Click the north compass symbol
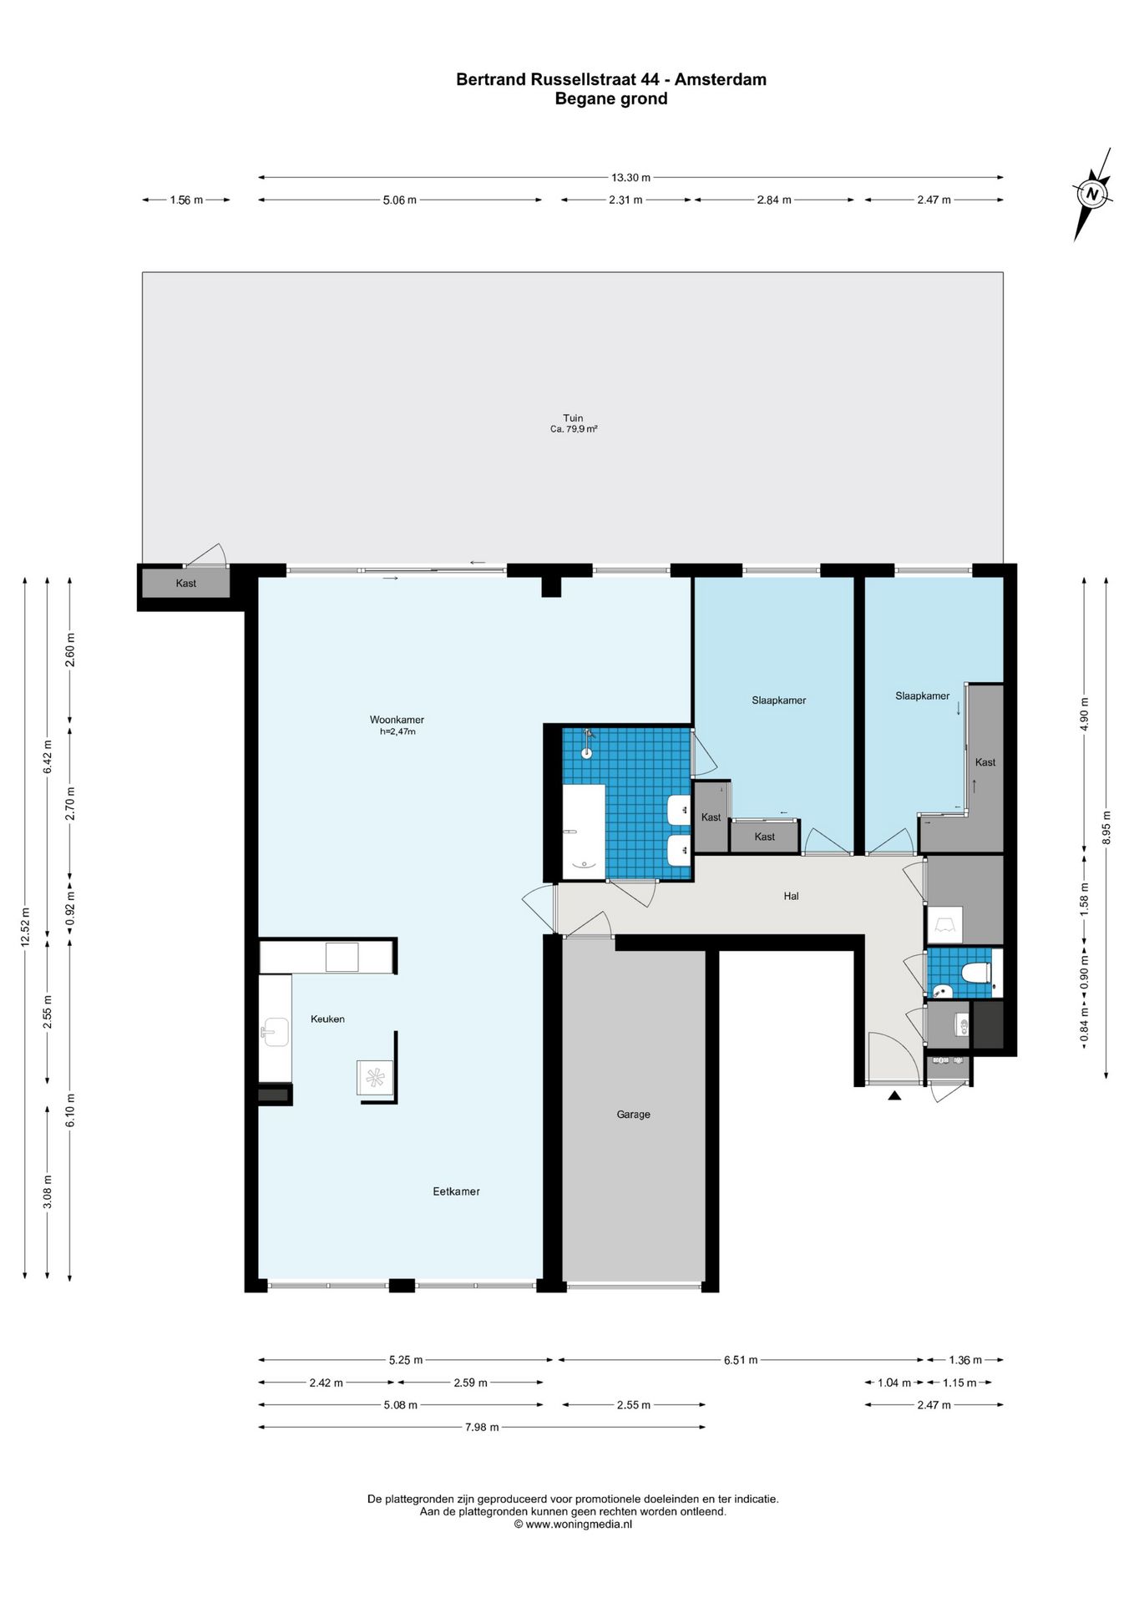coord(1092,194)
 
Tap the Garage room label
coord(633,1114)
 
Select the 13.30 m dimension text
coord(630,177)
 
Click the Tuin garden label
coord(573,417)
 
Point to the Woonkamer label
coord(397,719)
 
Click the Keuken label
coord(327,1019)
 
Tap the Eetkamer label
coord(456,1191)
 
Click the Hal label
coord(791,896)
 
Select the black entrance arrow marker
coord(894,1095)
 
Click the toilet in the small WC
coord(975,973)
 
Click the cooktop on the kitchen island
coord(375,1078)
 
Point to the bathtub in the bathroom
coord(584,832)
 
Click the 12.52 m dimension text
coord(25,927)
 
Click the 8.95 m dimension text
coord(1106,827)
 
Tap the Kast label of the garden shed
coord(185,583)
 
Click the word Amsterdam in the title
coord(721,79)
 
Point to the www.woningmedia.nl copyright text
coord(573,1524)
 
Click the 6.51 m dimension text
coord(741,1360)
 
